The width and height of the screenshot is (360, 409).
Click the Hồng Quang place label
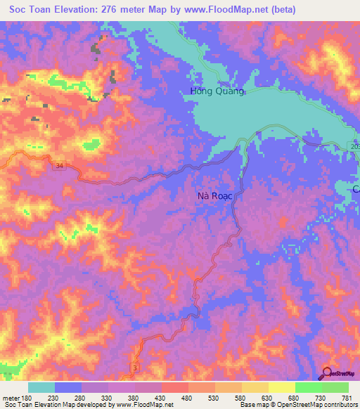coord(218,91)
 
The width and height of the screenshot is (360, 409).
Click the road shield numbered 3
coord(134,367)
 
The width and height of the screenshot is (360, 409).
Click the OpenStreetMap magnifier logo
coord(328,374)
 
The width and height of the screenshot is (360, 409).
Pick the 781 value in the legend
coord(346,398)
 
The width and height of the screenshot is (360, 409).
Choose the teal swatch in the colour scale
coord(41,387)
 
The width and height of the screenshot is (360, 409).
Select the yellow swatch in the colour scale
coord(281,387)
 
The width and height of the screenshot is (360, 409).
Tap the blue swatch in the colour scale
coord(68,387)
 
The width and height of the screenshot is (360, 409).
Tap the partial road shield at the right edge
coord(354,145)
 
